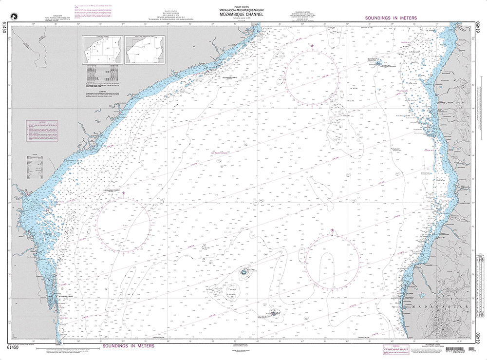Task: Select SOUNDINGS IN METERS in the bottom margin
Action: pyautogui.click(x=128, y=346)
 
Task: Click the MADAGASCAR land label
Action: pyautogui.click(x=439, y=307)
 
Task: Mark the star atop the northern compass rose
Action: pyautogui.click(x=312, y=46)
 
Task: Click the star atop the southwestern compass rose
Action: pyautogui.click(x=123, y=193)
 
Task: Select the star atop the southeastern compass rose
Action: pyautogui.click(x=333, y=230)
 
